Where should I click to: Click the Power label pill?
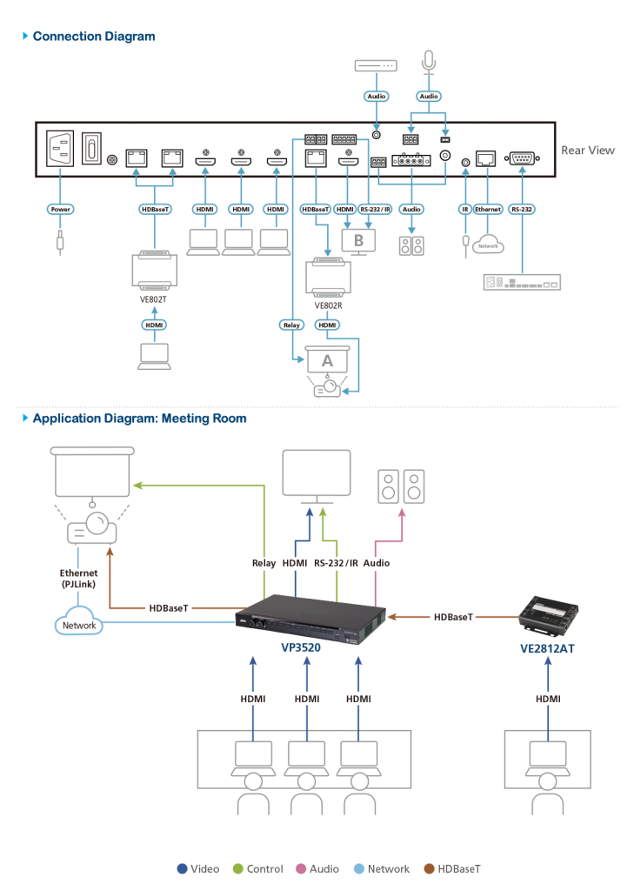click(x=60, y=210)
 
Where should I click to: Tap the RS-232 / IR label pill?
click(x=374, y=210)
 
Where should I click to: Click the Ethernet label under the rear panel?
click(x=488, y=210)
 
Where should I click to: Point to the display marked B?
click(x=357, y=238)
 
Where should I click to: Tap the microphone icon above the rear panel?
click(x=428, y=62)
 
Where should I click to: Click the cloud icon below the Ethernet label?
click(x=488, y=245)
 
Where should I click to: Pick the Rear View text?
click(x=587, y=151)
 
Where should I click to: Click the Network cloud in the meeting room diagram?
click(x=78, y=625)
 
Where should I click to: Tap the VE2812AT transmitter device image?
click(x=547, y=614)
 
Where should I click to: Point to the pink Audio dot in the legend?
click(x=301, y=868)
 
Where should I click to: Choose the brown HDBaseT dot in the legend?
click(x=428, y=868)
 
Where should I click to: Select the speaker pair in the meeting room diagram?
click(x=401, y=486)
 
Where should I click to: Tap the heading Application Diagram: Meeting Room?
click(x=138, y=419)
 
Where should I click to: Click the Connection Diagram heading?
click(x=94, y=37)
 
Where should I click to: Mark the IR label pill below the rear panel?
click(x=465, y=210)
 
